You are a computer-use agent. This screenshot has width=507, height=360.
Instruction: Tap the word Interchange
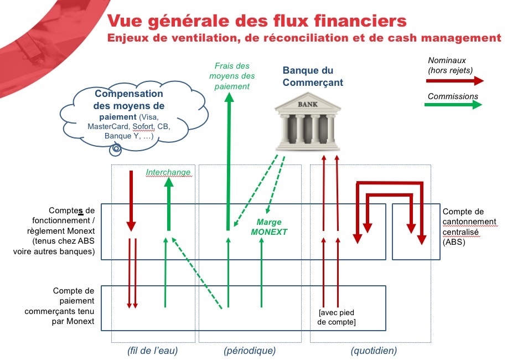point(168,172)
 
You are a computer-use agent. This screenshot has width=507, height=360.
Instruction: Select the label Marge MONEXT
point(269,228)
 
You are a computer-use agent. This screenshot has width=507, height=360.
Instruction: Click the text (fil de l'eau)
point(153,351)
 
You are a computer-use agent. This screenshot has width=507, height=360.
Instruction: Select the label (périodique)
point(250,351)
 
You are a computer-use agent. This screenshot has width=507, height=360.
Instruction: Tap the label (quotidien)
point(374,351)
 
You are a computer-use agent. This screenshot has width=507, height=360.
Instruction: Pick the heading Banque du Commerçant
point(313,76)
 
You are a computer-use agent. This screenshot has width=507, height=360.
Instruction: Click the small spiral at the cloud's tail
point(117,148)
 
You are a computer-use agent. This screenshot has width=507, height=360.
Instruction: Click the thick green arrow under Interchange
point(168,205)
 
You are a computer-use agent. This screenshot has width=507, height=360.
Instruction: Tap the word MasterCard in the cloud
point(108,127)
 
